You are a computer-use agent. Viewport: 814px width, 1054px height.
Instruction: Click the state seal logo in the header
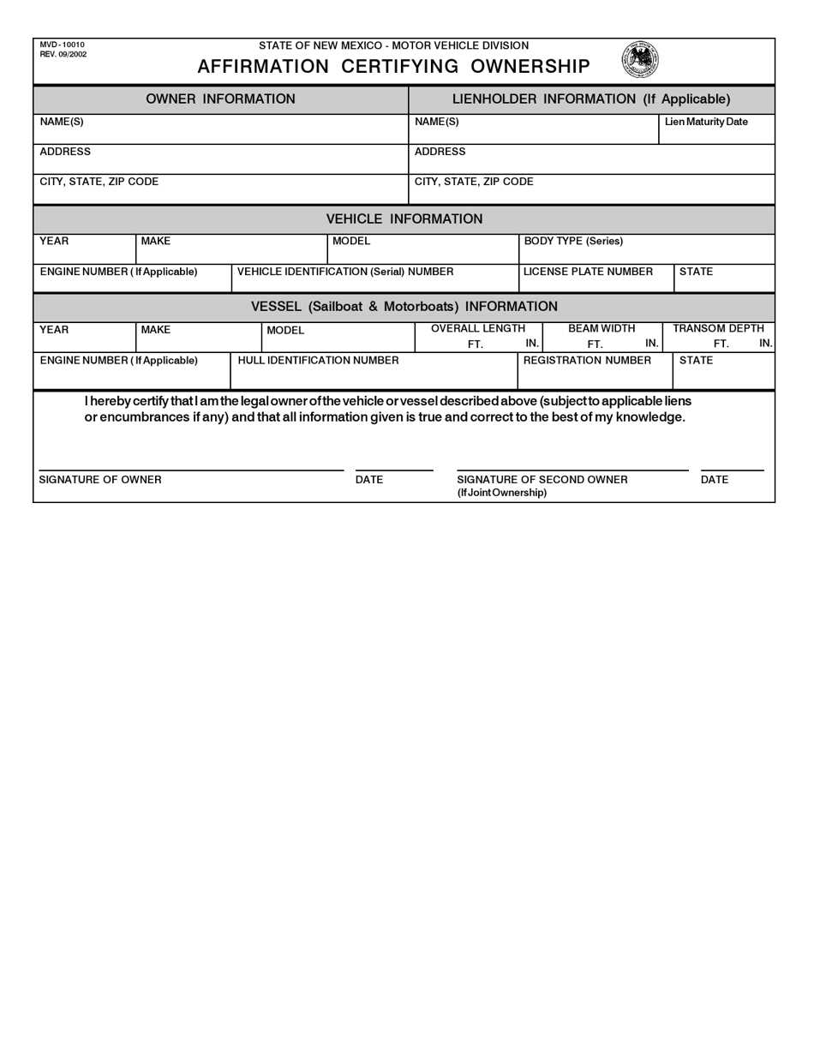pos(640,60)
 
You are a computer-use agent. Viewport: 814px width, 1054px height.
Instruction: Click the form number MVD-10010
pos(62,45)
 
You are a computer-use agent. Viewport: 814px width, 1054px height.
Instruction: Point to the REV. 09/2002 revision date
pos(63,54)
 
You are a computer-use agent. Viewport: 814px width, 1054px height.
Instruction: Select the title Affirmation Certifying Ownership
pos(393,67)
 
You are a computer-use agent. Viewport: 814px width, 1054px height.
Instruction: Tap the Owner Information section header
pos(220,99)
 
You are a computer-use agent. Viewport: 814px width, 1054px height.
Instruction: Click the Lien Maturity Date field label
pos(706,122)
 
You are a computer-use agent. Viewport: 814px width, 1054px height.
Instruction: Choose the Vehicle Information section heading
pos(404,219)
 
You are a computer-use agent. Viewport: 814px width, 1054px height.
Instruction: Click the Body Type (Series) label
pos(573,241)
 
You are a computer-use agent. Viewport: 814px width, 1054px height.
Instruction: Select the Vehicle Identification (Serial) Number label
pos(345,272)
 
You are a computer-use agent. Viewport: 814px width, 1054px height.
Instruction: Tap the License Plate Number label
pos(588,272)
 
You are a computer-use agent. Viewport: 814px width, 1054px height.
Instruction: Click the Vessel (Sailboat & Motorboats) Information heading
pos(404,307)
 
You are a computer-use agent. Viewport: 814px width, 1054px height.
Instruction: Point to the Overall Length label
pos(478,328)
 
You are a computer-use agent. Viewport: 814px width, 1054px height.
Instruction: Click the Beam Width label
pos(602,328)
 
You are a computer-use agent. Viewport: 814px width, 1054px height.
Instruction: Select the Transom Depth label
pos(718,328)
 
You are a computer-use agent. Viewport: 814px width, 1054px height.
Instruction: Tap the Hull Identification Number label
pos(318,361)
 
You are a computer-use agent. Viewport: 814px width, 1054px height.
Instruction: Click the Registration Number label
pos(587,361)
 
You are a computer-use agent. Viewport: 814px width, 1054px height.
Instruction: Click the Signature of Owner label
pos(100,480)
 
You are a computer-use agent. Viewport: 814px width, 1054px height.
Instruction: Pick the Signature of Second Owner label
pos(542,480)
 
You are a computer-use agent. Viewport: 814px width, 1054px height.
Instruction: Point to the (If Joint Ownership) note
pos(502,493)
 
